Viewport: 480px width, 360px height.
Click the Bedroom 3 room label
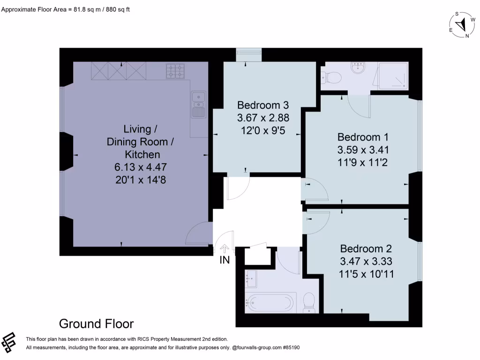coord(263,105)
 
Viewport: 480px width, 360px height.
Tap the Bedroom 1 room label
coord(363,137)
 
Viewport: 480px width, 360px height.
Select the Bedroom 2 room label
coord(366,248)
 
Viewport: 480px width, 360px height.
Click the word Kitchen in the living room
coord(142,154)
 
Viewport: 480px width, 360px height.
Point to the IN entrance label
coord(225,260)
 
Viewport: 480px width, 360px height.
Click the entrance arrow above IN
coord(225,248)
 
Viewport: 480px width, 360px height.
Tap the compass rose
coord(462,25)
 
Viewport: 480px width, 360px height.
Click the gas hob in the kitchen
coord(175,71)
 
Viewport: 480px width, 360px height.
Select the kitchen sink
coord(198,105)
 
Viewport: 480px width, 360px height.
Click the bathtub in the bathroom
coord(270,302)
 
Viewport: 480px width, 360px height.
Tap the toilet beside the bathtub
coord(309,302)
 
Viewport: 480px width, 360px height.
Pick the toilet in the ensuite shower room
coord(331,78)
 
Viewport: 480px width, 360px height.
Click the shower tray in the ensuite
coord(393,75)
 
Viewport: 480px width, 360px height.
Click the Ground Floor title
coord(97,324)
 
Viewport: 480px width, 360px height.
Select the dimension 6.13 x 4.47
coord(141,167)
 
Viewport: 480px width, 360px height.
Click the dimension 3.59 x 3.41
coord(363,150)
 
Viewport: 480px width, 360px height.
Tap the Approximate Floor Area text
coord(66,9)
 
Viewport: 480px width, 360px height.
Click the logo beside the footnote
coord(8,342)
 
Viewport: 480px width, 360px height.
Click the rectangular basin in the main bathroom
coord(251,279)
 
